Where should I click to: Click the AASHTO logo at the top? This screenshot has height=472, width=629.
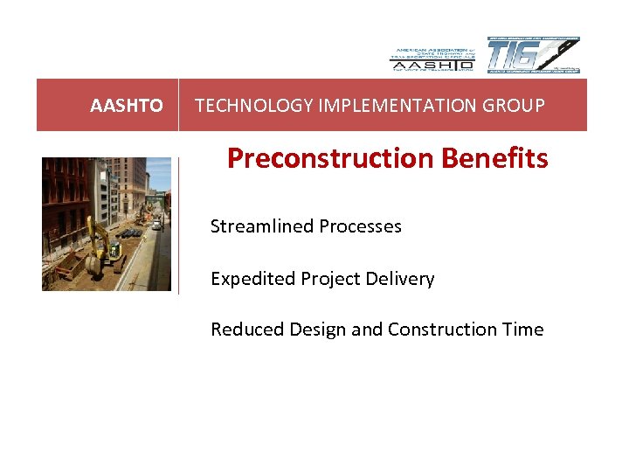[432, 57]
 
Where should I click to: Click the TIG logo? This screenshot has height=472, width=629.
[533, 55]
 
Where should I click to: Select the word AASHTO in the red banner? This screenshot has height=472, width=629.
[127, 106]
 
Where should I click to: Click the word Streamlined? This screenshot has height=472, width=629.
[261, 226]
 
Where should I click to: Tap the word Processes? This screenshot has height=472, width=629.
[360, 226]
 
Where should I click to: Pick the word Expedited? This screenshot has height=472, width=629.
[252, 279]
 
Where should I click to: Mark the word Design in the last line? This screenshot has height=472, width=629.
[311, 330]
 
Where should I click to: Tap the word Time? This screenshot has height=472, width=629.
[524, 330]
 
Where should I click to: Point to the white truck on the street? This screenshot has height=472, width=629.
[156, 224]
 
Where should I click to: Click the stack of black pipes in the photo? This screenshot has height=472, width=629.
[129, 233]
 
